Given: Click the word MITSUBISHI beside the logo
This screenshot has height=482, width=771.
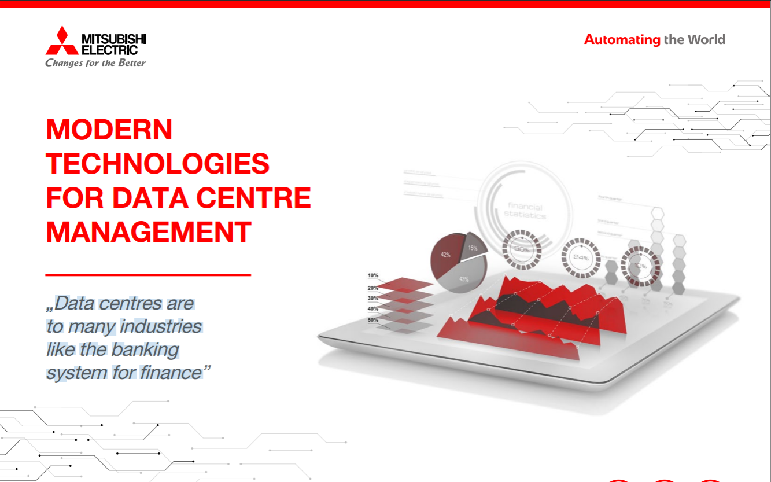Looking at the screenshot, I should coord(113,39).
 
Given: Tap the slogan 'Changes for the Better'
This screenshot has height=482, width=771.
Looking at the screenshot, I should coord(95,62).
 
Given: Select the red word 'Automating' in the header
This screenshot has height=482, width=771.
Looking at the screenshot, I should coord(622,40).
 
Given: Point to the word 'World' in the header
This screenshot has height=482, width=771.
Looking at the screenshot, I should coord(706,40).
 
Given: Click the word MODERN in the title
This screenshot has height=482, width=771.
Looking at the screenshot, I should coord(109,130).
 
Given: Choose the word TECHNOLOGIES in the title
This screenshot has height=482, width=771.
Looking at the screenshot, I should coord(158,164).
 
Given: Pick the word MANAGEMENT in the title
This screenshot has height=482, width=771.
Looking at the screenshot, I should coord(149,231).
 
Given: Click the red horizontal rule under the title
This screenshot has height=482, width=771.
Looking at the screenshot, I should coord(148,275).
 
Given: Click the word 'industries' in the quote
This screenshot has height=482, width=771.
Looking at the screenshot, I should coord(160,326).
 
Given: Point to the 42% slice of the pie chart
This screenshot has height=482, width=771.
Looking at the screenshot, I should coord(446,255).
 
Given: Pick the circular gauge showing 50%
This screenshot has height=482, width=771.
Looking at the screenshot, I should coord(521,249).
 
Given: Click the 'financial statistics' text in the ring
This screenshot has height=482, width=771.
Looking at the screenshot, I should coord(525,211).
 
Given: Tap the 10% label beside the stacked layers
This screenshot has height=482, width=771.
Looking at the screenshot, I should coord(372,275).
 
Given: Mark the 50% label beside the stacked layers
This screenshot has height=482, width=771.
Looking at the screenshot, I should coord(372,319).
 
